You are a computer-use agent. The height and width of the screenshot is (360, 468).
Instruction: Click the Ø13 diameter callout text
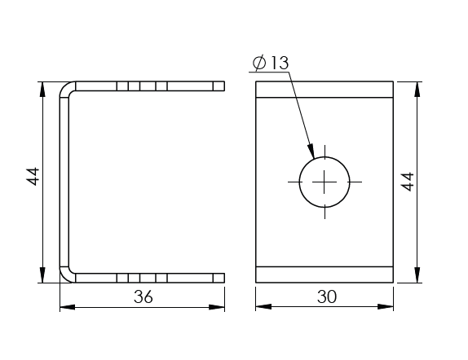tap(271, 63)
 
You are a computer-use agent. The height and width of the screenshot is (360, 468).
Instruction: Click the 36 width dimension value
tap(143, 296)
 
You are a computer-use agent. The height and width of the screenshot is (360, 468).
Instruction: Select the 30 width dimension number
tap(327, 296)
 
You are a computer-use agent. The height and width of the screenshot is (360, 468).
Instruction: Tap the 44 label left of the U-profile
tap(33, 177)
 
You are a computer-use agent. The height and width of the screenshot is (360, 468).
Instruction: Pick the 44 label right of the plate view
tap(408, 182)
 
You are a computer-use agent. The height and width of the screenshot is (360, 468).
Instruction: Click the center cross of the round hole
tap(325, 182)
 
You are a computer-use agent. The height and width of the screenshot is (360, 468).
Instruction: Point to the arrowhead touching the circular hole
tap(311, 151)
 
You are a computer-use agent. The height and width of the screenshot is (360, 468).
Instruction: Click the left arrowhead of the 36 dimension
tap(68, 307)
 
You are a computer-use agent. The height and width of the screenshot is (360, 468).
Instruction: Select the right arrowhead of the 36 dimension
tap(217, 307)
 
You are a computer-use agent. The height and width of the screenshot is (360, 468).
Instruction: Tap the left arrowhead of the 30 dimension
tap(263, 306)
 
